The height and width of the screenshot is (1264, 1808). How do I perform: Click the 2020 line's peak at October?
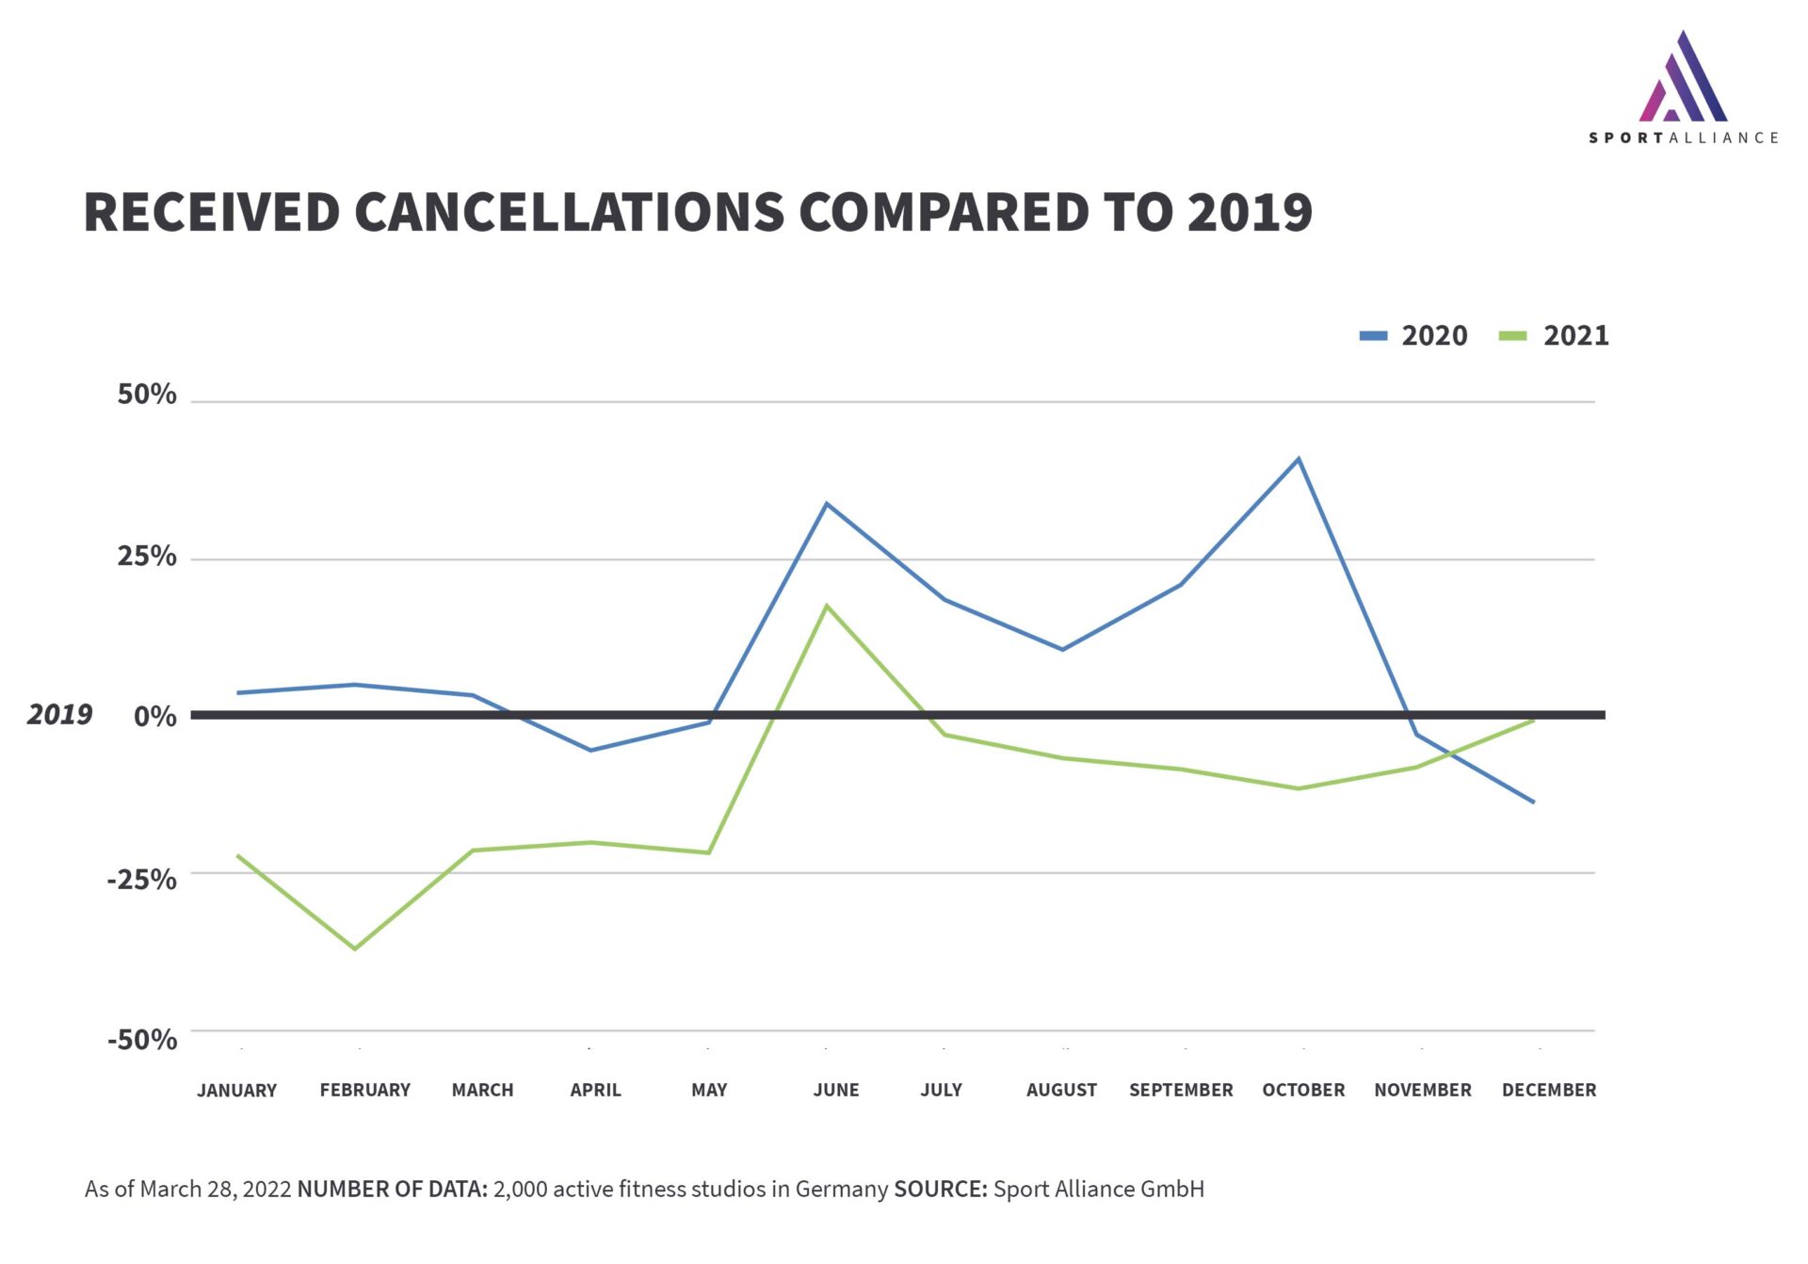[x=1299, y=459]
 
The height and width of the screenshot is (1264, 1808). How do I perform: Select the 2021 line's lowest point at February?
[x=355, y=948]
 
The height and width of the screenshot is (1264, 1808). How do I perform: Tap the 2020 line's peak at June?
[x=827, y=504]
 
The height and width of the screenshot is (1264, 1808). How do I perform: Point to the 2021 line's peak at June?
[x=827, y=606]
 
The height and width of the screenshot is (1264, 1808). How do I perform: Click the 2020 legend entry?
[x=1413, y=335]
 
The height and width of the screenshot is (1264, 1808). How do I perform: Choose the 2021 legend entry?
[x=1554, y=335]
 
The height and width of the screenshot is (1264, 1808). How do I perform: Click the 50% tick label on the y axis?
[x=147, y=395]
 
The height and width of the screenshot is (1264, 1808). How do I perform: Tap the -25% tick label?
[x=142, y=880]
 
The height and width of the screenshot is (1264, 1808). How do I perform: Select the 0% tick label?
[x=154, y=717]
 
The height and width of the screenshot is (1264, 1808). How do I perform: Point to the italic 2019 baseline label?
[x=59, y=715]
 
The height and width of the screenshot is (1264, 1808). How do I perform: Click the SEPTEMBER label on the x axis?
[x=1181, y=1090]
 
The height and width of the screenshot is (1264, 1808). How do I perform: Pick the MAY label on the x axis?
[x=709, y=1090]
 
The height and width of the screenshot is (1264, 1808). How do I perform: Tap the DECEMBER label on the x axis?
[x=1549, y=1090]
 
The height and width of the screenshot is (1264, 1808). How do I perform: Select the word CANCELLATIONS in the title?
[x=569, y=212]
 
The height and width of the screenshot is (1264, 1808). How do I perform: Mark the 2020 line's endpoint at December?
[x=1533, y=802]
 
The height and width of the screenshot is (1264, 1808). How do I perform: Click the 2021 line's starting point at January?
[x=238, y=856]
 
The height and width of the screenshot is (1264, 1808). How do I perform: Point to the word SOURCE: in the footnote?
[x=940, y=1189]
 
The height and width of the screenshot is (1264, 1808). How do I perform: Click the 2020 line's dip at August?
[x=1062, y=649]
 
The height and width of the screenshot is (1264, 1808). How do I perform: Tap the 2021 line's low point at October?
[x=1299, y=788]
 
